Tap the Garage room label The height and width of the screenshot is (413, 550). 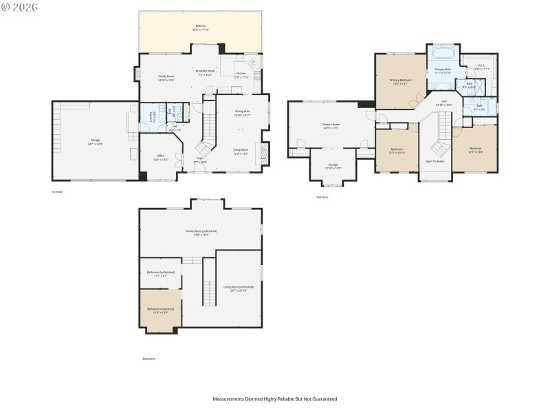pyautogui.click(x=95, y=142)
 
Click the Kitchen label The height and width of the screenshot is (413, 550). pyautogui.click(x=241, y=73)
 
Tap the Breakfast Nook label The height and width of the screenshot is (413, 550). pyautogui.click(x=206, y=71)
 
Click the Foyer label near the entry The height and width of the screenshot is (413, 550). pyautogui.click(x=200, y=158)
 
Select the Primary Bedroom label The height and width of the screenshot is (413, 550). pyautogui.click(x=400, y=81)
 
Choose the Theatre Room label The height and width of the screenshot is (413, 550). pyautogui.click(x=331, y=125)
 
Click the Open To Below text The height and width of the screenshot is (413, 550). pyautogui.click(x=434, y=161)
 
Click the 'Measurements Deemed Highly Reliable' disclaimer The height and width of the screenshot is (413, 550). pyautogui.click(x=275, y=399)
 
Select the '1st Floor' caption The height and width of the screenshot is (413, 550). pyautogui.click(x=57, y=192)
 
